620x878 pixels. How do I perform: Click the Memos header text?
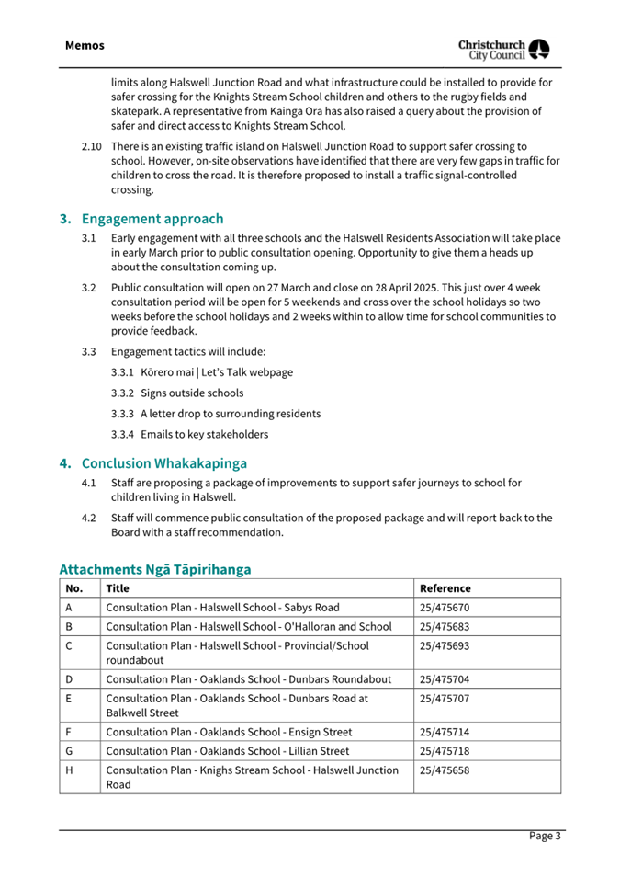point(85,45)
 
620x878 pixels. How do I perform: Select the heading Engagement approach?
point(152,219)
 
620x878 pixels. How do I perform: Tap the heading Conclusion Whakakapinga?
point(163,462)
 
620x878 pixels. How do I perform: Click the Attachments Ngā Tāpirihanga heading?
point(154,569)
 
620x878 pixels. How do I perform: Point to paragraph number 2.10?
point(91,146)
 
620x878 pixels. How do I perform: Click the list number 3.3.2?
point(123,393)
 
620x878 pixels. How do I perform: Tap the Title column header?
point(118,588)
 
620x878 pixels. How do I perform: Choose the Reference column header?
point(445,588)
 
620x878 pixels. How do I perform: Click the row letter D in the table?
point(70,679)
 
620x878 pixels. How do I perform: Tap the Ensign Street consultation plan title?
point(229,733)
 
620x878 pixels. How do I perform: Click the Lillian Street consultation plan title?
point(227,751)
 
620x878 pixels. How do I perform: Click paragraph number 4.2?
point(88,518)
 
